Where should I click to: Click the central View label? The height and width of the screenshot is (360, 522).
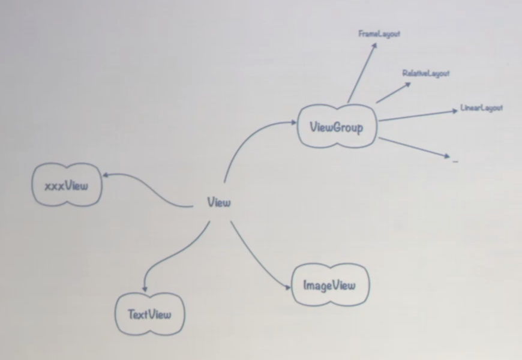pos(218,202)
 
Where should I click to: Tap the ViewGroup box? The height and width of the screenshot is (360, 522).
pos(337,126)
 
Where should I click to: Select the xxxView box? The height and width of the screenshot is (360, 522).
pos(67,185)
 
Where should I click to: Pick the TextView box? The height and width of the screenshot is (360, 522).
pos(149,314)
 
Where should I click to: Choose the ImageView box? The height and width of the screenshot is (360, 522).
pos(329,285)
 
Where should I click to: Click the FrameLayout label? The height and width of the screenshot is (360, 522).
pos(379,34)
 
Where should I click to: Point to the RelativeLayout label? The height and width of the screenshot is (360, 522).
pos(426,73)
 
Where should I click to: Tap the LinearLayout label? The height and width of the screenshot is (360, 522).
pos(481,109)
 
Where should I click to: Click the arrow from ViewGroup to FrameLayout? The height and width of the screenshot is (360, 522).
pos(362,72)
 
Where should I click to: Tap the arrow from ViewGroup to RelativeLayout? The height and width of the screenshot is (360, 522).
pos(393,93)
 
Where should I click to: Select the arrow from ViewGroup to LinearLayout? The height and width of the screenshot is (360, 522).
pos(417,116)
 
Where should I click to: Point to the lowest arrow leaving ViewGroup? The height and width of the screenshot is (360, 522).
pos(414,148)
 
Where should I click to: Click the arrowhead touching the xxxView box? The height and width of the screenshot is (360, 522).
pos(106,175)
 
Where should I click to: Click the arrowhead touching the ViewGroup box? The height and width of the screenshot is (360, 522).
pos(293,123)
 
